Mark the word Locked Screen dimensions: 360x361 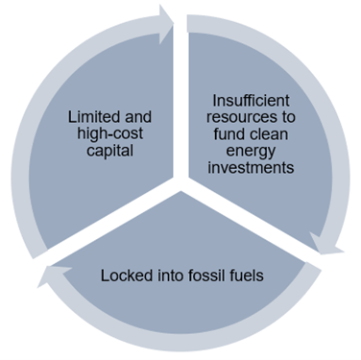click(127, 276)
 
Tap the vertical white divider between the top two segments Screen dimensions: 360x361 click(179, 96)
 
